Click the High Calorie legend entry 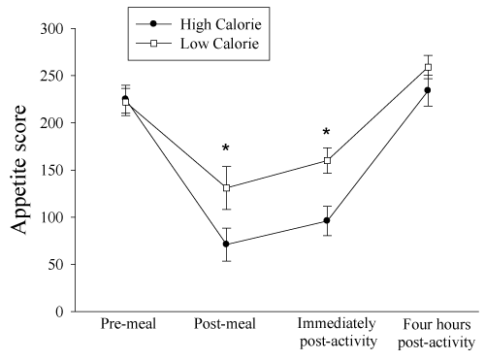[x=199, y=24]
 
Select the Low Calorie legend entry [x=198, y=44]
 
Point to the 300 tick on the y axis [x=51, y=29]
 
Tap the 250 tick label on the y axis [x=51, y=76]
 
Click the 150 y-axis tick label [x=51, y=170]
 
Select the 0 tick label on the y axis [x=59, y=311]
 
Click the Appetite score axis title [x=18, y=170]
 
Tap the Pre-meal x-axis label [x=128, y=324]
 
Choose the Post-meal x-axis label [x=225, y=324]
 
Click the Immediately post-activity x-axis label [x=339, y=333]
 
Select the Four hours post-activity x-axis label [x=436, y=333]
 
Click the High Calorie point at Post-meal [x=226, y=244]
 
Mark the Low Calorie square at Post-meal [x=226, y=187]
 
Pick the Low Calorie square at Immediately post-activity [x=327, y=160]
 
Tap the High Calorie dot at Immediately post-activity [x=327, y=220]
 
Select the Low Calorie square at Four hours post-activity [x=428, y=67]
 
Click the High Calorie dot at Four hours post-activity [x=428, y=90]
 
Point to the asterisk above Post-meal [x=226, y=147]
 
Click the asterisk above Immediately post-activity [x=327, y=132]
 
